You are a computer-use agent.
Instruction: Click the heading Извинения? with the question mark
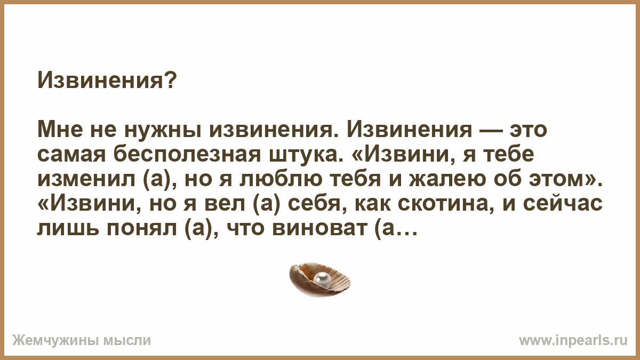point(107,81)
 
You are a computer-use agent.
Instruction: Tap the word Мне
point(60,130)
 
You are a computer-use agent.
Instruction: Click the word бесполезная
point(187,155)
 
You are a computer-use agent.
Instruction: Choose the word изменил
point(86,180)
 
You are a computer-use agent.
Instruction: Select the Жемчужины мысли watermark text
point(82,341)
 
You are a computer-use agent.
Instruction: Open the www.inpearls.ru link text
point(573,341)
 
